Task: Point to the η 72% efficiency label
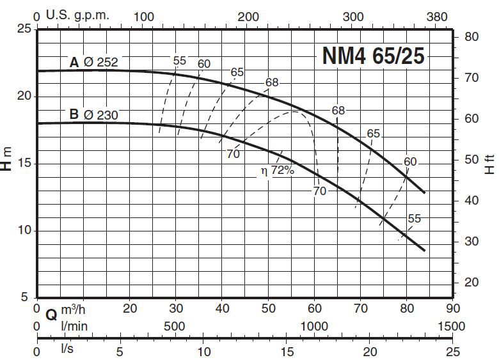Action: pyautogui.click(x=276, y=171)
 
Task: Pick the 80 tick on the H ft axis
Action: pyautogui.click(x=471, y=37)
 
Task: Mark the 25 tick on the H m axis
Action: pyautogui.click(x=24, y=29)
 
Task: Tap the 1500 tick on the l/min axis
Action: pyautogui.click(x=453, y=326)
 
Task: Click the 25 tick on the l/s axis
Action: pyautogui.click(x=453, y=351)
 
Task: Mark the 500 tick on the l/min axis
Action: pyautogui.click(x=175, y=326)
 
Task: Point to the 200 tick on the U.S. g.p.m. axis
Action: pyautogui.click(x=249, y=17)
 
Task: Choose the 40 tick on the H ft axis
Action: pyautogui.click(x=471, y=201)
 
